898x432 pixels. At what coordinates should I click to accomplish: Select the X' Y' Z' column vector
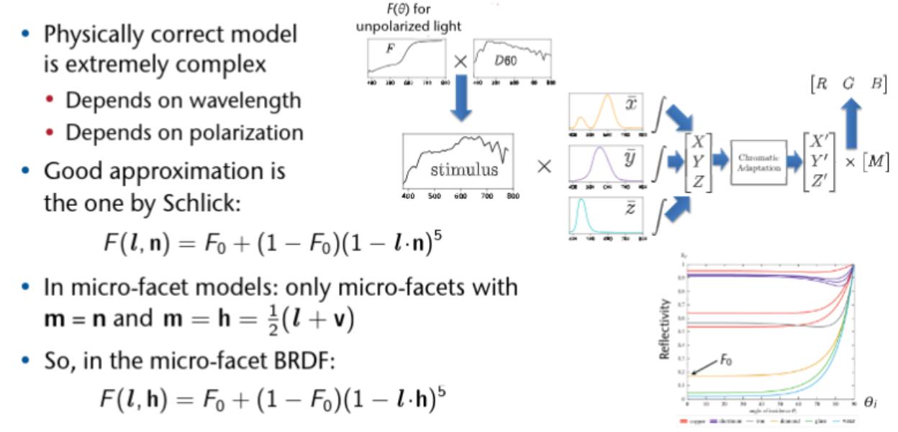point(819,163)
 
